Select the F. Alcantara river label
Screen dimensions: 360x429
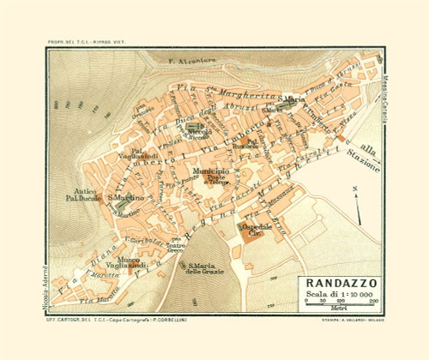pyautogui.click(x=192, y=61)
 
